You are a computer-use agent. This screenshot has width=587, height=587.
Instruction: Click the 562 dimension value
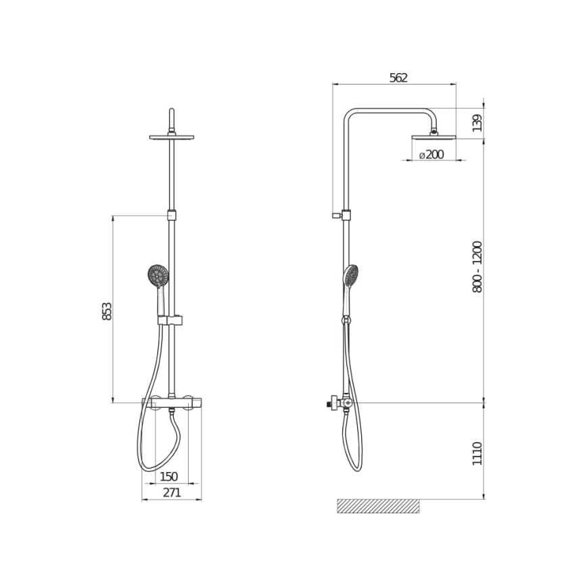[x=398, y=77]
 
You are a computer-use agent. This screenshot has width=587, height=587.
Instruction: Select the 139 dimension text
[x=477, y=123]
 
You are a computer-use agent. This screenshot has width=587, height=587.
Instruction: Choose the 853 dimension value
[x=107, y=310]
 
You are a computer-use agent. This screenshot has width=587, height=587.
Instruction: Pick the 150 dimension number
[x=168, y=477]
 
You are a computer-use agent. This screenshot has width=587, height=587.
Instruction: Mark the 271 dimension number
[x=172, y=493]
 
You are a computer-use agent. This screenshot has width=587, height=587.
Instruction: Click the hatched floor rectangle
[x=378, y=506]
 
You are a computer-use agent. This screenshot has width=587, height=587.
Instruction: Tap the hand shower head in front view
[x=158, y=275]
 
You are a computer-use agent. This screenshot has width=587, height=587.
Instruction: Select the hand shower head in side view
[x=351, y=275]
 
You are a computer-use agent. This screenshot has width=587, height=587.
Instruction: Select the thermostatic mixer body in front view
[x=172, y=404]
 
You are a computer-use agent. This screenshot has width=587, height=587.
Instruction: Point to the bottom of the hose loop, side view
[x=356, y=468]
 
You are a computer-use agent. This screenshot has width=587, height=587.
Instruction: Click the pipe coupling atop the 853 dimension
[x=172, y=216]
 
